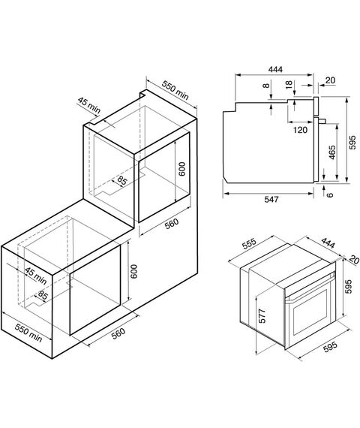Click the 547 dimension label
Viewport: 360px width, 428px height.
(x=271, y=200)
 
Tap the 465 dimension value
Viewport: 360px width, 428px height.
(x=332, y=152)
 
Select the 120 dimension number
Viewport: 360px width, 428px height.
(x=300, y=130)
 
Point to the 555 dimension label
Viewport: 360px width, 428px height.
(x=249, y=244)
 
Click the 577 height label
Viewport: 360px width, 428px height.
(x=262, y=316)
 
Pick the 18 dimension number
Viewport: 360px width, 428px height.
(x=289, y=84)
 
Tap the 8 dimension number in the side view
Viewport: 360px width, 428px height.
(x=266, y=86)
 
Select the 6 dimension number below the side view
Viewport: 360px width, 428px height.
(x=330, y=194)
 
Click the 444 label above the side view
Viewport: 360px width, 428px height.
(x=275, y=69)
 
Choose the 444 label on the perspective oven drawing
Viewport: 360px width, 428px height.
(x=328, y=243)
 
